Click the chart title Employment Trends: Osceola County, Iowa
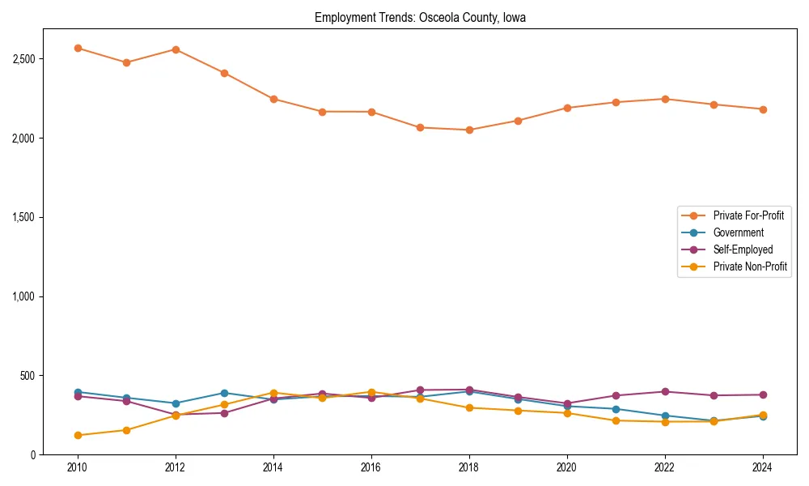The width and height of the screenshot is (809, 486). (x=420, y=18)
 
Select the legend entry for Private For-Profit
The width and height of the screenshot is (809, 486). (x=748, y=215)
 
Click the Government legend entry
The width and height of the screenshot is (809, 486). (x=738, y=232)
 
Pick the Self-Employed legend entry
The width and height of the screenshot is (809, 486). (x=743, y=249)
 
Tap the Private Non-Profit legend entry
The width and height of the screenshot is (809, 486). (x=750, y=266)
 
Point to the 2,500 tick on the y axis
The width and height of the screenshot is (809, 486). (x=23, y=59)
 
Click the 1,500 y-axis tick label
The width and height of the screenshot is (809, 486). (x=23, y=218)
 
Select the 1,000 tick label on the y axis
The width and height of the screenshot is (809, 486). (x=23, y=296)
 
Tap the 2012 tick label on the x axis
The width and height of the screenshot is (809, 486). (x=176, y=468)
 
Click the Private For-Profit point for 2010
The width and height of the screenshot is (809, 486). (x=78, y=48)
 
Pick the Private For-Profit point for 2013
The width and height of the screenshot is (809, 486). (x=224, y=73)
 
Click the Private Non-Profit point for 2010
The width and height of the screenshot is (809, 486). (x=78, y=435)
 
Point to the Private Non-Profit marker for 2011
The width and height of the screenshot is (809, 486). (x=126, y=430)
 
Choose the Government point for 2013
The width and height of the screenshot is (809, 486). (x=224, y=393)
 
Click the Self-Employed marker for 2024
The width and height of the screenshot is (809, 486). (x=762, y=394)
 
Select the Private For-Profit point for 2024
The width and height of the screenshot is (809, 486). (x=762, y=109)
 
